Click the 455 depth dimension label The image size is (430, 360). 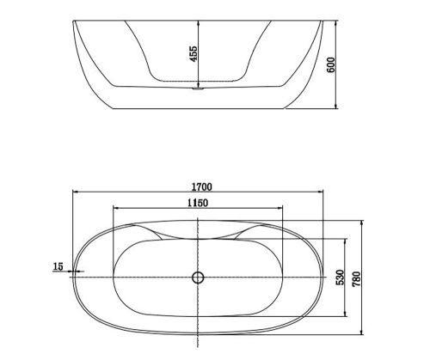pos(194,53)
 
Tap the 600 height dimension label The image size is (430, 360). pos(331,65)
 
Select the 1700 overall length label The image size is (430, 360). pos(202,186)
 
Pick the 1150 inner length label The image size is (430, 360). pos(198,203)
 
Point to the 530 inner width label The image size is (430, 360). pos(340,278)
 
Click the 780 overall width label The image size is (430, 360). pos(356,279)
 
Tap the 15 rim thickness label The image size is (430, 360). pos(58,266)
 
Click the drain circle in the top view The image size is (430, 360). pos(198,278)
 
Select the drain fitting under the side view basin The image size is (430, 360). pos(198,88)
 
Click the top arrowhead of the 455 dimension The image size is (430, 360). pos(198,23)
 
